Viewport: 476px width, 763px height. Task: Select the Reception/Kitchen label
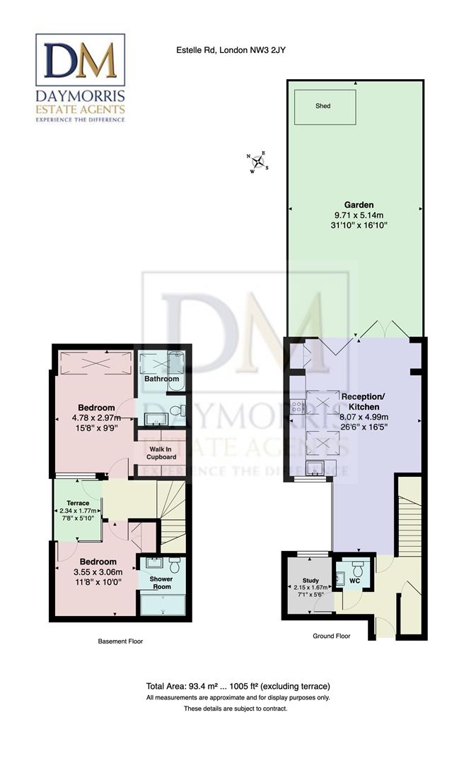pyautogui.click(x=361, y=401)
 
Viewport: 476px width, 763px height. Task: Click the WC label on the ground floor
pyautogui.click(x=356, y=581)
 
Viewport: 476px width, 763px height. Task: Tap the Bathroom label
pyautogui.click(x=161, y=379)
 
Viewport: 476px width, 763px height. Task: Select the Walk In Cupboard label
pyautogui.click(x=161, y=452)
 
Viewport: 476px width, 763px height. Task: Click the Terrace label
pyautogui.click(x=78, y=503)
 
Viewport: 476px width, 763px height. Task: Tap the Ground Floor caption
pyautogui.click(x=331, y=636)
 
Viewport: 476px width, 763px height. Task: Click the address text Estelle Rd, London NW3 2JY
pyautogui.click(x=231, y=49)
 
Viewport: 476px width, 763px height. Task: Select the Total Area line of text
pyautogui.click(x=238, y=686)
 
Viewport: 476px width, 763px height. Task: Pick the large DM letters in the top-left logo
pyautogui.click(x=80, y=61)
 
